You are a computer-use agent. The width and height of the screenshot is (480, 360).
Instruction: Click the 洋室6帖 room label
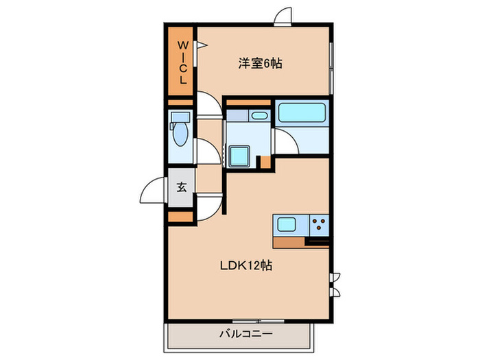click(260, 64)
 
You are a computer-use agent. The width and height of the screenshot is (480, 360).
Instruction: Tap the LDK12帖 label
click(245, 265)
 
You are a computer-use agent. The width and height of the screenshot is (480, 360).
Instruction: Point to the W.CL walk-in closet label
click(182, 62)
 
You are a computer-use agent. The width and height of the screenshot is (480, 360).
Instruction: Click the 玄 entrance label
click(182, 187)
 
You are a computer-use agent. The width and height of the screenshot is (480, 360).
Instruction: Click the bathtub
click(302, 112)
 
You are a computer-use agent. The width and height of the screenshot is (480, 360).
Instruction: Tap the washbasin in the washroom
click(259, 115)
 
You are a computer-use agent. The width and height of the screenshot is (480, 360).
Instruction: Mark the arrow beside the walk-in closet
click(202, 47)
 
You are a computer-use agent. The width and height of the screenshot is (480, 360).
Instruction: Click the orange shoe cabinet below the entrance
click(181, 217)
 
